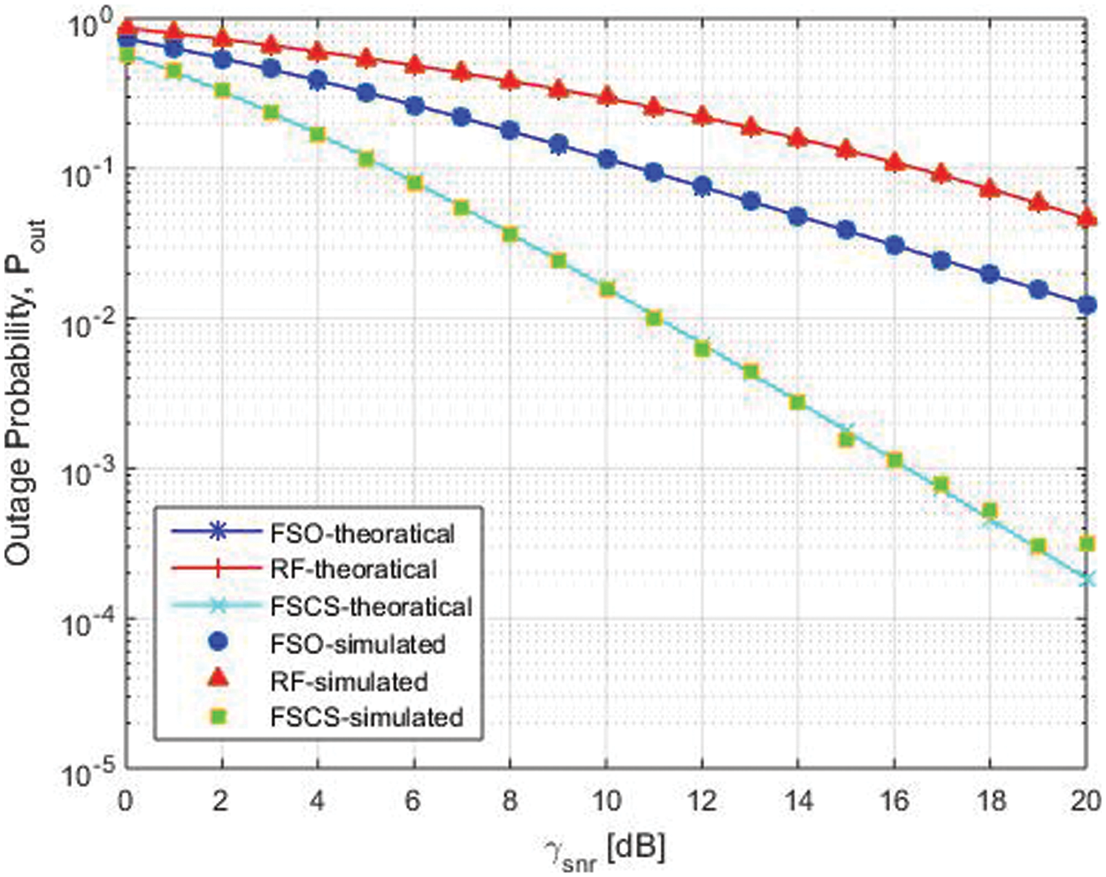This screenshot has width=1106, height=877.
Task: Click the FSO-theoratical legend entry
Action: pyautogui.click(x=363, y=534)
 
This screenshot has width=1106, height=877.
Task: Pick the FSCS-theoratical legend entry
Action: pyautogui.click(x=371, y=607)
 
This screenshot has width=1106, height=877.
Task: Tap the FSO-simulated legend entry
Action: pyautogui.click(x=357, y=643)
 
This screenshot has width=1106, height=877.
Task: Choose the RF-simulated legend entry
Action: pyautogui.click(x=349, y=681)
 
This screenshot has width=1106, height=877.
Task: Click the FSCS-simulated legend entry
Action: pyautogui.click(x=366, y=717)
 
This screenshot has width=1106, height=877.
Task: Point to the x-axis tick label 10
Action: pyautogui.click(x=606, y=801)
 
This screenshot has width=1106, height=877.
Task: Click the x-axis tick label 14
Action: pyautogui.click(x=798, y=801)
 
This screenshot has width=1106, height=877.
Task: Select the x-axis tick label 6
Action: pyautogui.click(x=413, y=801)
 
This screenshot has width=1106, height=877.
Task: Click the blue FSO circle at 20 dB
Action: pyautogui.click(x=1087, y=305)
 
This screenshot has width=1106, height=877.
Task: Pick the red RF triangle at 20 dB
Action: pyautogui.click(x=1087, y=218)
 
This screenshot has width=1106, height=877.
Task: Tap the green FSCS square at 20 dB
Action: pyautogui.click(x=1087, y=543)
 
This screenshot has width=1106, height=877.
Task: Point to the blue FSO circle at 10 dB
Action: pyautogui.click(x=607, y=160)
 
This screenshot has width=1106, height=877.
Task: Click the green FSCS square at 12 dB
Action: pyautogui.click(x=703, y=350)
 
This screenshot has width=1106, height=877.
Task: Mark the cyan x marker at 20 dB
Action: pyautogui.click(x=1087, y=579)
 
